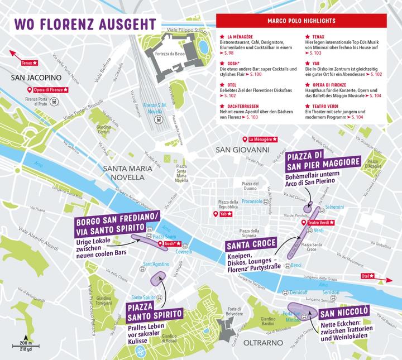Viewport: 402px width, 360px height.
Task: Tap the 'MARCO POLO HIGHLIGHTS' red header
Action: click(308, 21)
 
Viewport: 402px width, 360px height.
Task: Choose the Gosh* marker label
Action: click(170, 243)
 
